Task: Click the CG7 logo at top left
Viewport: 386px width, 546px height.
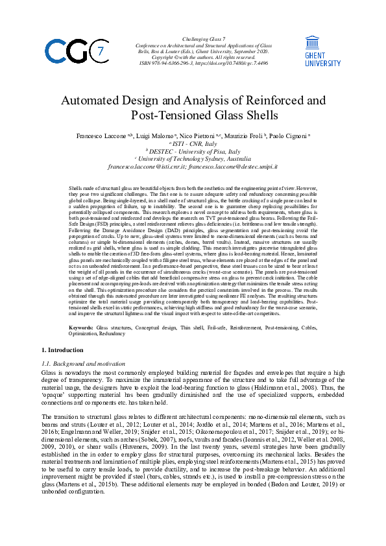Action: (74, 51)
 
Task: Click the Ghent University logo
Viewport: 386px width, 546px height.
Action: (322, 51)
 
